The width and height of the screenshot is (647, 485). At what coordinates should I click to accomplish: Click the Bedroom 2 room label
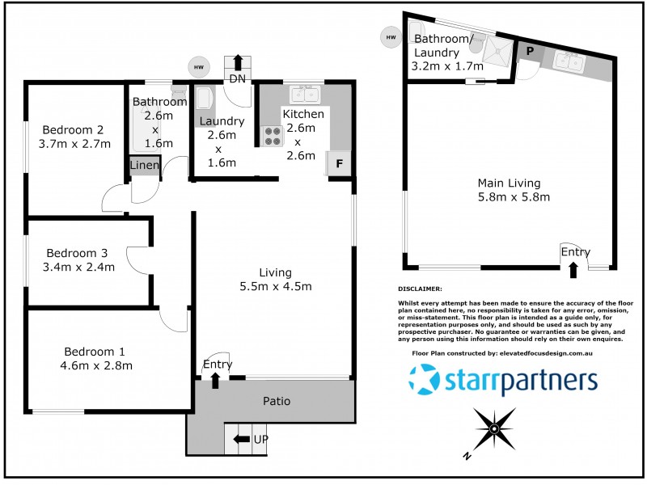click(73, 129)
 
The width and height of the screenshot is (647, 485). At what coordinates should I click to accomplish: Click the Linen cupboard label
click(145, 166)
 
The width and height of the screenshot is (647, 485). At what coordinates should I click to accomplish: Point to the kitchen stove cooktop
click(272, 136)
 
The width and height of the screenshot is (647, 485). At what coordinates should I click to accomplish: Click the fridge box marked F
click(339, 162)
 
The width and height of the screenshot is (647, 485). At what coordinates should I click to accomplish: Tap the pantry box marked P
click(530, 50)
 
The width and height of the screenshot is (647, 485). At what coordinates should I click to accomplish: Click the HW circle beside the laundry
click(197, 67)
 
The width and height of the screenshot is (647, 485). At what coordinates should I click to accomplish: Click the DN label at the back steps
click(238, 78)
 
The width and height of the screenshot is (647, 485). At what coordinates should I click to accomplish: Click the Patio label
click(276, 401)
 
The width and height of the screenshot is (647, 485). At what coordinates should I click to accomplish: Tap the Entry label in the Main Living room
click(575, 253)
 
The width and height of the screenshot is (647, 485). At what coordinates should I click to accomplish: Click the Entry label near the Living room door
click(217, 365)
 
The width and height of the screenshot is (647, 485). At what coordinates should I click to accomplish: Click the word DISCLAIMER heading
click(420, 289)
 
